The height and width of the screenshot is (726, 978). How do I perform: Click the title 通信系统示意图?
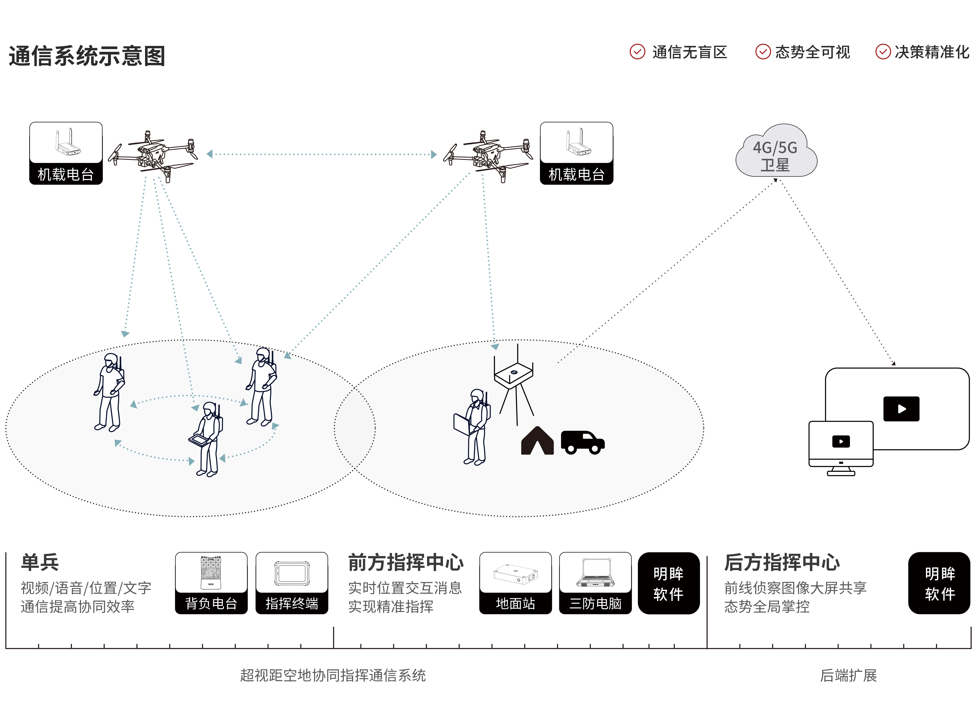(87, 56)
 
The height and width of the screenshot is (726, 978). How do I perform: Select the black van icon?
(583, 442)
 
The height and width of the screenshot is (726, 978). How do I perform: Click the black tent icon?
(537, 441)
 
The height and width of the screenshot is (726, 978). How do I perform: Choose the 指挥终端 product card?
(292, 583)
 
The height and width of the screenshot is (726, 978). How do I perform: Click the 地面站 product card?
(515, 583)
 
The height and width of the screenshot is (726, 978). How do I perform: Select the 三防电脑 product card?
(595, 583)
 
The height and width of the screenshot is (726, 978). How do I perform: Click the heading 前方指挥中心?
(405, 562)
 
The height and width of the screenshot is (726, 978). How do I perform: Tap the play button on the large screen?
(901, 409)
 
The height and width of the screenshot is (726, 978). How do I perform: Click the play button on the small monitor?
(841, 441)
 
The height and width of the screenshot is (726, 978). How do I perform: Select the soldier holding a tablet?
(207, 439)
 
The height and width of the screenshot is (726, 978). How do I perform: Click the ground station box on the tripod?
(514, 373)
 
